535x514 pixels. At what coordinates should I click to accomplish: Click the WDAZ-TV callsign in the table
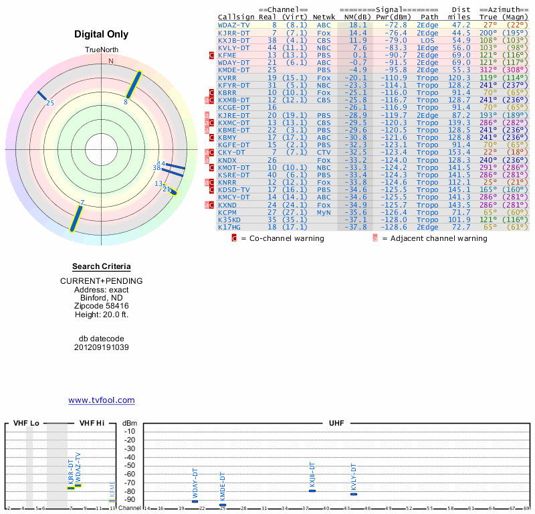pos(234,24)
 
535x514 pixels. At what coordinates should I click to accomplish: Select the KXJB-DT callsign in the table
pos(234,39)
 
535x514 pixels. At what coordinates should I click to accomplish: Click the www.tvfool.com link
pos(101,400)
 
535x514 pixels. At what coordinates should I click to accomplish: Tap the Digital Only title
pos(101,34)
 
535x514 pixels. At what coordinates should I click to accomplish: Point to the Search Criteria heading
pos(101,266)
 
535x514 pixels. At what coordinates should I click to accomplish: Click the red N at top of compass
pos(111,61)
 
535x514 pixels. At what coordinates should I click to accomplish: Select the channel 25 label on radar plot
pos(50,103)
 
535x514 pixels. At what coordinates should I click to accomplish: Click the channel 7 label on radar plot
pos(82,202)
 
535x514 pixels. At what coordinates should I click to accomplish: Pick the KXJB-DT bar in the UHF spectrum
pos(312,491)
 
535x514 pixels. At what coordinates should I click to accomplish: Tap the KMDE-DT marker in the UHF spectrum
pos(223,505)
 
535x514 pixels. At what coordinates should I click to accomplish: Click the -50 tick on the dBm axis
pos(130,465)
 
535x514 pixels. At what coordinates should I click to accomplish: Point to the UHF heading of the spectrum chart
pos(336,424)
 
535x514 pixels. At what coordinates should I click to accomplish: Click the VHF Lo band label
pos(26,424)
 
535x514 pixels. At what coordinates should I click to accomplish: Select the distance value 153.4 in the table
pos(458,153)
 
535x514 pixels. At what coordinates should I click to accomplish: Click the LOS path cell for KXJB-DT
pos(427,39)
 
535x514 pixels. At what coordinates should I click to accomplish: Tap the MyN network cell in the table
pos(324,212)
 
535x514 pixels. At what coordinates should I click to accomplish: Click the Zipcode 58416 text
pos(101,305)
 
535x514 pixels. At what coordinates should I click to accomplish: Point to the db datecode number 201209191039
pos(101,347)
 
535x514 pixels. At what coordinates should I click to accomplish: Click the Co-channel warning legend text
pos(282,238)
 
